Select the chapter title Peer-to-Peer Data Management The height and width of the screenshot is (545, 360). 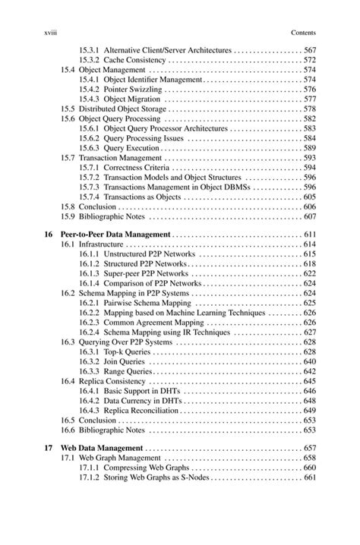tap(115, 235)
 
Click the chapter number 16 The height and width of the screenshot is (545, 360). tap(49, 235)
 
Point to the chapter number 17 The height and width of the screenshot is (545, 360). tap(49, 449)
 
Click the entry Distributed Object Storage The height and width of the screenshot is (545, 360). tap(122, 109)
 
